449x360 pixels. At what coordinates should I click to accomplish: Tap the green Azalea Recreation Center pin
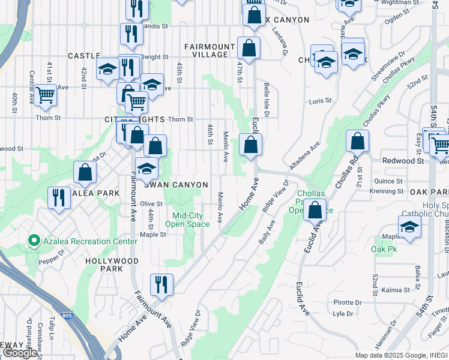(x=34, y=242)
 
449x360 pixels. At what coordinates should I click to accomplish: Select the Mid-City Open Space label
(x=190, y=220)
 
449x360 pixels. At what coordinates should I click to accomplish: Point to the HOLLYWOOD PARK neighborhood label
(x=112, y=261)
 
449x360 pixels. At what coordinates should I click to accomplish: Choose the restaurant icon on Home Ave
(x=161, y=283)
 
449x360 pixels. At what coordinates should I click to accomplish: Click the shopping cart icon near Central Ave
(x=46, y=95)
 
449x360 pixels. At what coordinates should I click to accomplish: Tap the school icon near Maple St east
(x=409, y=227)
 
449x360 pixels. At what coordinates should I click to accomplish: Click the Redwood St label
(x=403, y=161)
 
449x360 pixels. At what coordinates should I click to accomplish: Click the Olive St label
(x=151, y=204)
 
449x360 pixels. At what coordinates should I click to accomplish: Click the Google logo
(x=20, y=353)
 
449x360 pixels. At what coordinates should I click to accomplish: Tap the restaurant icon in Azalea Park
(x=58, y=196)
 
